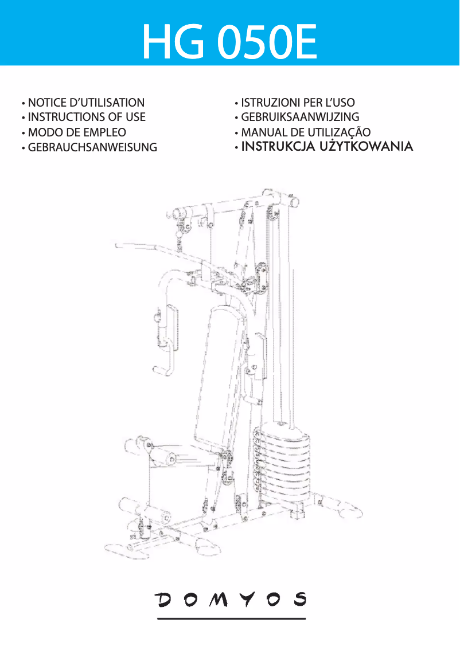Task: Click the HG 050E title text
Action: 229,43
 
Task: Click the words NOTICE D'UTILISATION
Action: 86,103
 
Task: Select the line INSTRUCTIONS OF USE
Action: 87,117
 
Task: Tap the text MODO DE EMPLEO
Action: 77,132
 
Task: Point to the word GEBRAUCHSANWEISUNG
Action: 92,147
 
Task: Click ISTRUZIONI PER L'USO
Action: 298,103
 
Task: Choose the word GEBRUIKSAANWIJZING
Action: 299,118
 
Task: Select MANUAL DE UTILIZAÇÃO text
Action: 306,132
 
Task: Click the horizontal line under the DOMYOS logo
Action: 231,618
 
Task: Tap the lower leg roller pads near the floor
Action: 143,510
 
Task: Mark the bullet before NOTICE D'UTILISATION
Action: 22,104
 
